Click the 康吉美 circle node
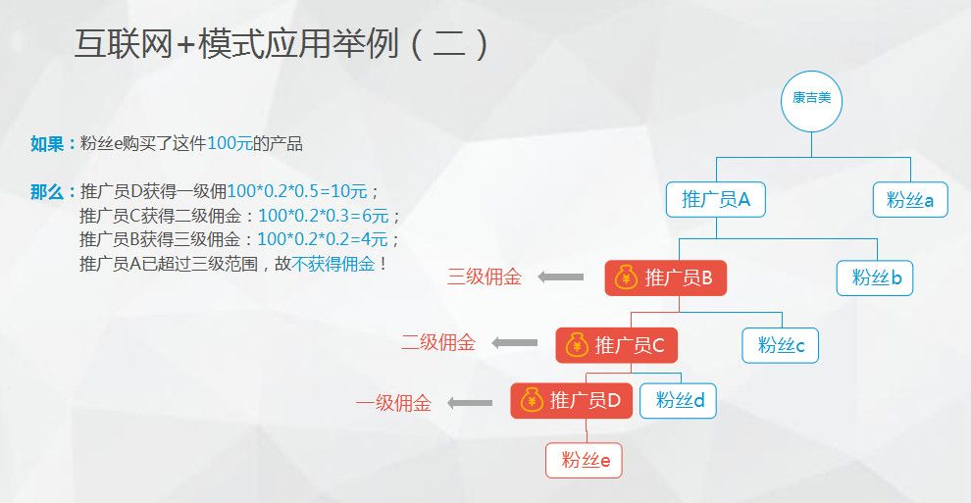811,101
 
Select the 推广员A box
716,199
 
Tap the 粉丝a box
910,199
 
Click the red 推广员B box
666,277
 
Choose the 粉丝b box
875,277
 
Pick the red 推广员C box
617,345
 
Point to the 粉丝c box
781,345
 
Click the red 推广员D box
572,401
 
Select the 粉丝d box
678,401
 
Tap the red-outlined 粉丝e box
584,460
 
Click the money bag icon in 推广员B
626,277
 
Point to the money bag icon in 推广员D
532,400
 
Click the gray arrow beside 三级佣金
560,277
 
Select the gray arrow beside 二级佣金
515,342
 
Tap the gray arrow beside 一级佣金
470,403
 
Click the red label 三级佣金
485,277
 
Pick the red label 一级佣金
393,403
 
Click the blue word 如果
47,144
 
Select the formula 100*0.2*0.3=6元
324,216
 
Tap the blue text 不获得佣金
333,264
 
